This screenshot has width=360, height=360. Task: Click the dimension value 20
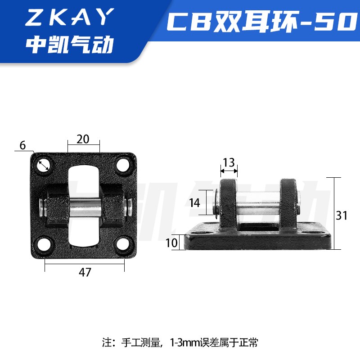coord(83,139)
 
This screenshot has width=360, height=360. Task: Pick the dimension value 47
coord(85,272)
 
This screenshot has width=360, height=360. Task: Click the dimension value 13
coord(229,162)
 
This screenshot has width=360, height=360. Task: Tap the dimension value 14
coord(195,202)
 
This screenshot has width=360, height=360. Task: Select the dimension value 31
coord(342,216)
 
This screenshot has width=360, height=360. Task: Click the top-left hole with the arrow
coord(44,165)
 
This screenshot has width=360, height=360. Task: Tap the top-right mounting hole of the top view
coord(122,165)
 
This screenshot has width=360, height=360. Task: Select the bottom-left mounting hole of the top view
coord(44,244)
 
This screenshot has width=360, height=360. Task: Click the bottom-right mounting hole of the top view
coord(122,244)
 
